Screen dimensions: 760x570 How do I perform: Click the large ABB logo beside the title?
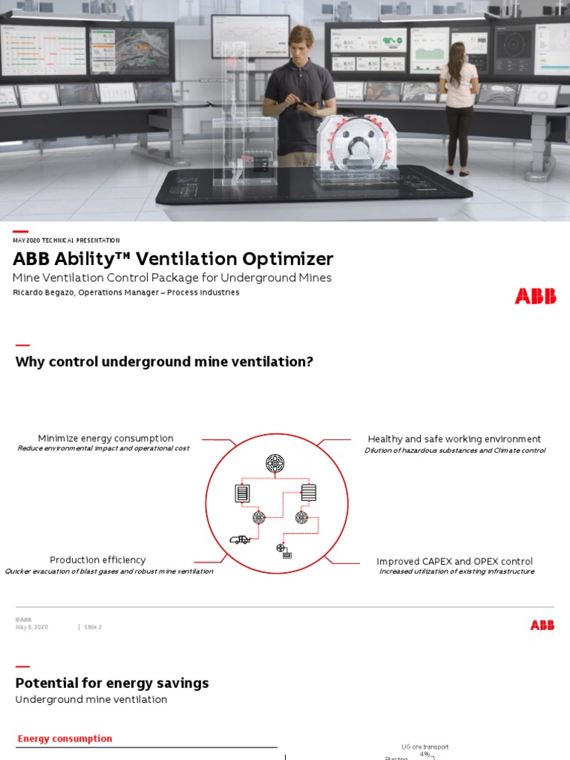534,296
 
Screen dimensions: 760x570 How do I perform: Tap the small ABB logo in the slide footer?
542,626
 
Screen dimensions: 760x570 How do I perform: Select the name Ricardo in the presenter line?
30,292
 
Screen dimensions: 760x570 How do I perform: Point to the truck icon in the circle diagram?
240,540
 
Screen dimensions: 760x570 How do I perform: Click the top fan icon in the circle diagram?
275,464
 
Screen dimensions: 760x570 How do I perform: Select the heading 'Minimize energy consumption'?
105,439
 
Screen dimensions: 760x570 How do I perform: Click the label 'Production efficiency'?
97,560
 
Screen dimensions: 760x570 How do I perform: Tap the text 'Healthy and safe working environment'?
454,439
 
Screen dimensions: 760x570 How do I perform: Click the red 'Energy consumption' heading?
65,738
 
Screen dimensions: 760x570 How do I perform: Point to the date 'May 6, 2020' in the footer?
32,627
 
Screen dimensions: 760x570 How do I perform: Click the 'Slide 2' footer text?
92,627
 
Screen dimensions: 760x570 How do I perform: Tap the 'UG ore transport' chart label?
425,747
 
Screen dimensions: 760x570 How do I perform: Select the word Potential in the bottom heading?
46,683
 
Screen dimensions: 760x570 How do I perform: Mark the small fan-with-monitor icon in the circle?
284,550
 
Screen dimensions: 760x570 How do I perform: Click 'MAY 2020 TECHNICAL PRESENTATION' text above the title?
66,240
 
